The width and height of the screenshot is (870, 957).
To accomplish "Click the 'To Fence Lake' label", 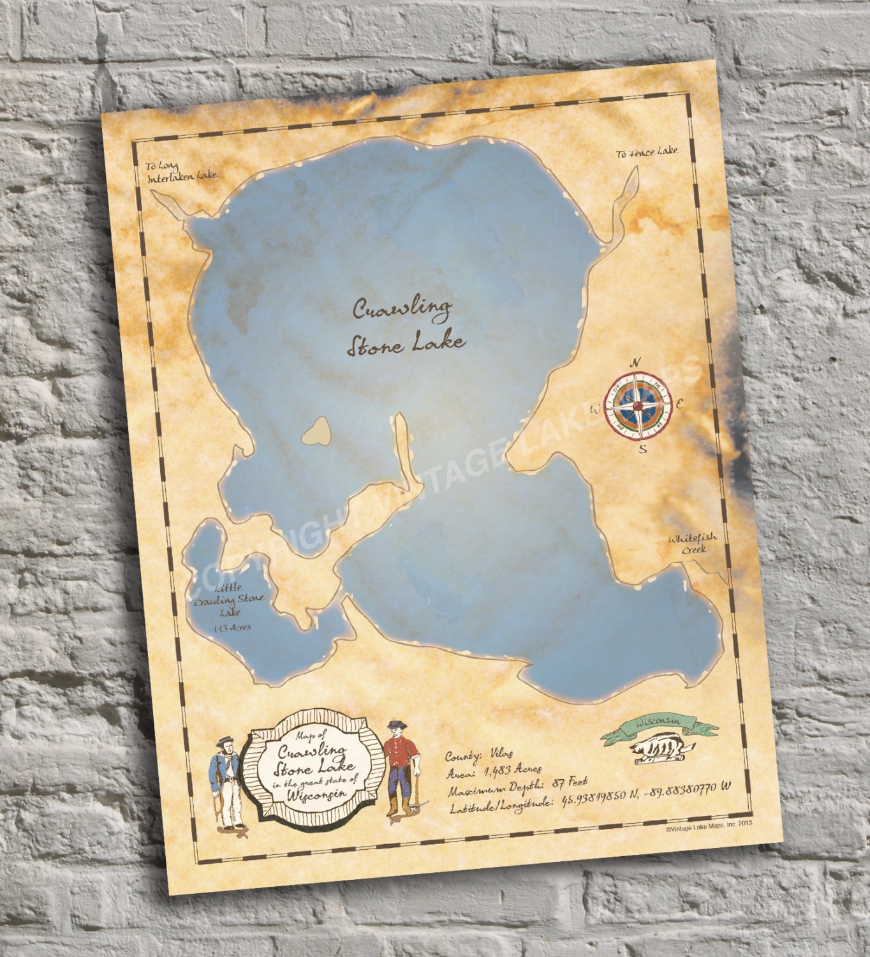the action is (647, 152).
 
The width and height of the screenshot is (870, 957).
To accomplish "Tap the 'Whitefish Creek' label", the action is (692, 543).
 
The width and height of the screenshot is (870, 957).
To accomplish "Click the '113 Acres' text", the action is (232, 627).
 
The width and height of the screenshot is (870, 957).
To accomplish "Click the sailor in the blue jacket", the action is (227, 782).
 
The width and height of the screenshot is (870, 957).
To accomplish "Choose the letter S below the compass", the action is (643, 448).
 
